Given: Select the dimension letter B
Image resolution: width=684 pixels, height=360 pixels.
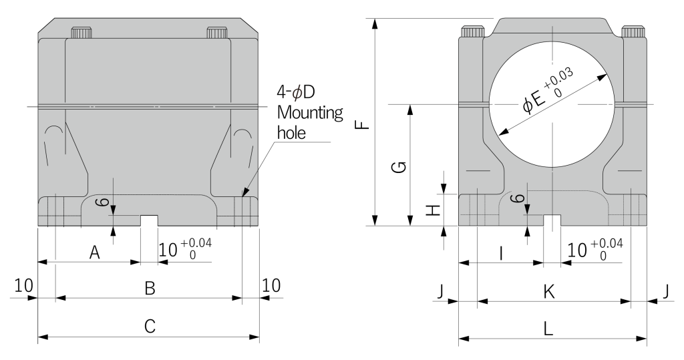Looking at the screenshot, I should (150, 289).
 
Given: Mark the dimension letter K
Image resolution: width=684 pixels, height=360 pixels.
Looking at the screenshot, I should (549, 291).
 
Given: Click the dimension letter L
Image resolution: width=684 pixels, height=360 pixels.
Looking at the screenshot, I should (549, 328).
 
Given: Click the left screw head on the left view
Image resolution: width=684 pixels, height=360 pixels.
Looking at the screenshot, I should (81, 33).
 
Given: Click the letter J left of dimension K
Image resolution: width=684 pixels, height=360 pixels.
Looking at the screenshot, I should (440, 291).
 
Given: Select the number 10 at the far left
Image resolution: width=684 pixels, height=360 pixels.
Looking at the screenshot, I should (23, 285).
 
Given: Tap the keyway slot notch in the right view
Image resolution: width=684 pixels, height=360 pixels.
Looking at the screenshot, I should (552, 220).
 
